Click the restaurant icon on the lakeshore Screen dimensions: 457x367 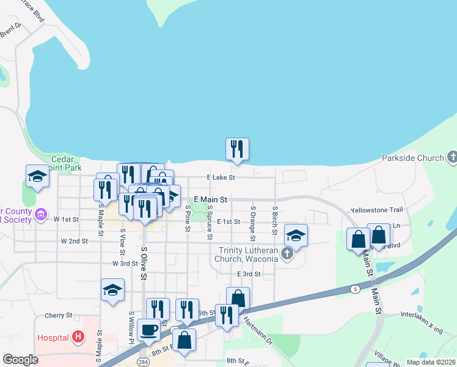[x=237, y=149]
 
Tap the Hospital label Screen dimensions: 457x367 [x=53, y=337]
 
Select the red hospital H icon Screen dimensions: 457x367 [x=78, y=336]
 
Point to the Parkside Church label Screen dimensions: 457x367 [x=413, y=158]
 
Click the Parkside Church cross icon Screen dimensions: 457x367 [x=452, y=157]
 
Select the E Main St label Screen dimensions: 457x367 [x=210, y=199]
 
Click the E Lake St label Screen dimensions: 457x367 [x=221, y=177]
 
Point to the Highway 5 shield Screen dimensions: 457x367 [x=354, y=288]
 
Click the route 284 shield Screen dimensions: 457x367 [x=142, y=362]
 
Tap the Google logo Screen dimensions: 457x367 [x=20, y=360]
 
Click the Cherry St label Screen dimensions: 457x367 [x=59, y=316]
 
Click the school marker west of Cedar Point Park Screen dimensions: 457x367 [x=38, y=176]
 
